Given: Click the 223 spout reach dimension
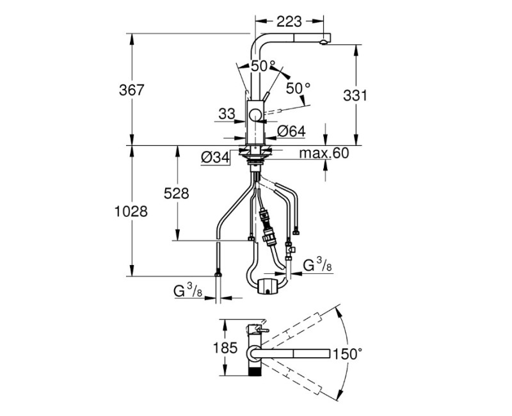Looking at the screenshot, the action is pos(289,22).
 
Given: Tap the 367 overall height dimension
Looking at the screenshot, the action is pos(132,90).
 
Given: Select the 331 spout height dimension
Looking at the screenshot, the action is pos(355,95).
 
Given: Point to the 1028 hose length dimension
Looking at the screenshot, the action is pos(131,212).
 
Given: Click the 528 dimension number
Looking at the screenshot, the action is pos(177,193).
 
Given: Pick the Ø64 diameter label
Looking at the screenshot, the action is pos(291,131).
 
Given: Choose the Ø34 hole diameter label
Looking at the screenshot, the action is pos(216,158).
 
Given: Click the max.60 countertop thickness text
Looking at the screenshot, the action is pos(324,153).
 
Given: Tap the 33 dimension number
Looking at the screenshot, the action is pos(227,114).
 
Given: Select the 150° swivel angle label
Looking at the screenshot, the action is pos(347,354).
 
